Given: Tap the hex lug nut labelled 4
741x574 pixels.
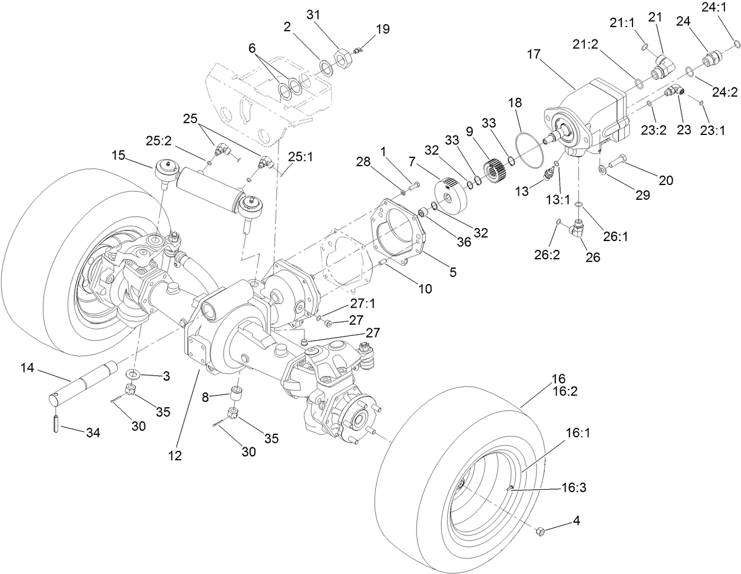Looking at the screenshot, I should click(x=541, y=532).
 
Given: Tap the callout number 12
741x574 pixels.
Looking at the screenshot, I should click(x=175, y=455).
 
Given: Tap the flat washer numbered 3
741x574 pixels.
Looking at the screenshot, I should click(x=134, y=374).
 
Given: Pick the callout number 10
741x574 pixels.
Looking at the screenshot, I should click(x=424, y=289).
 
